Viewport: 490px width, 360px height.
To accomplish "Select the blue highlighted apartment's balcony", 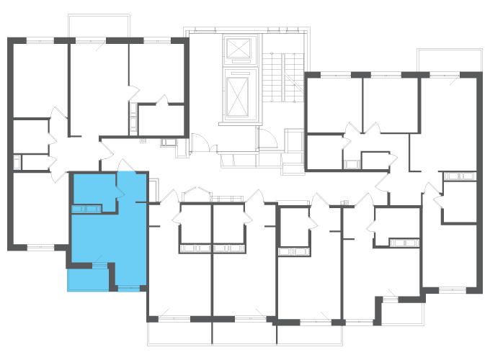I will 87,279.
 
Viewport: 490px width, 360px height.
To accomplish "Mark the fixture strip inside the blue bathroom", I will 85,209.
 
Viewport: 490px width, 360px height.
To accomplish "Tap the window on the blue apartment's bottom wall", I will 129,289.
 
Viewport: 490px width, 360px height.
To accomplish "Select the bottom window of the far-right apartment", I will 441,290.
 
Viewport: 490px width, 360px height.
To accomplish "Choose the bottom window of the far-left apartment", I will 40,248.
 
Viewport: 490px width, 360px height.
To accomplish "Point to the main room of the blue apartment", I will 130,238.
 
